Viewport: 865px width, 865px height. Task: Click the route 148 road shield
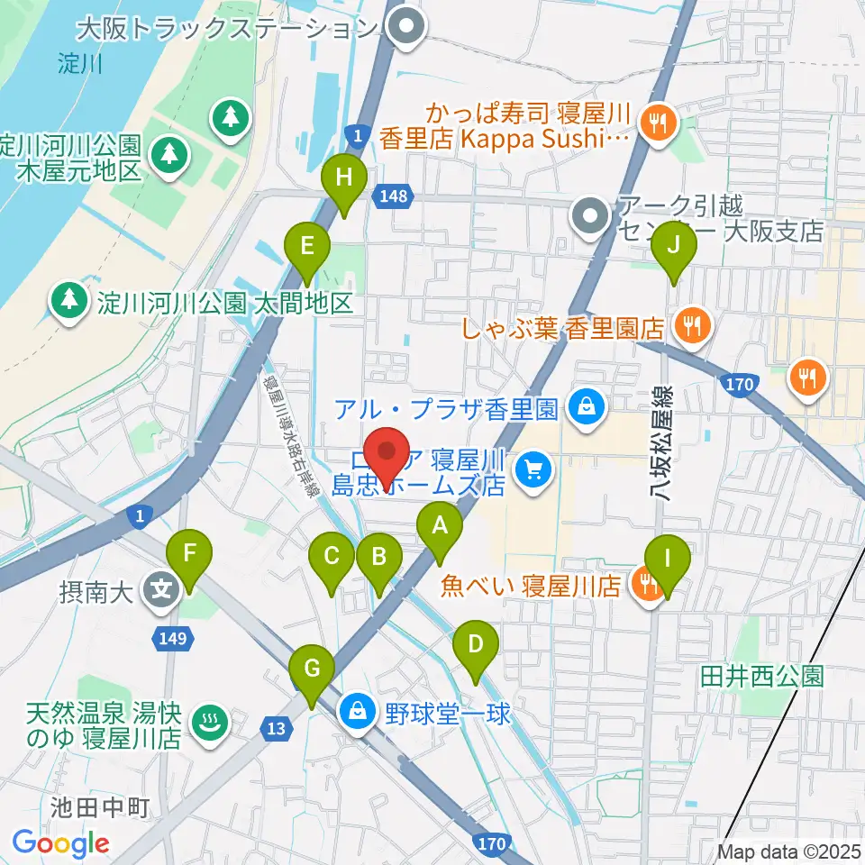(x=396, y=195)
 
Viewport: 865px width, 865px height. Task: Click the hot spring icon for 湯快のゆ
(x=209, y=721)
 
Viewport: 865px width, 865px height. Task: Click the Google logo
(x=60, y=843)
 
